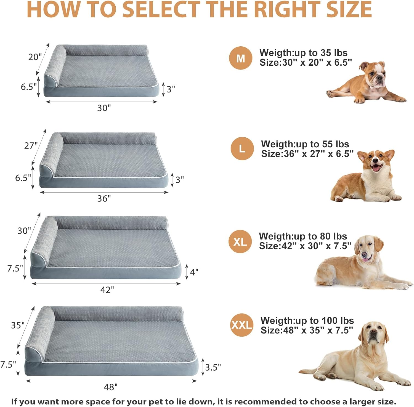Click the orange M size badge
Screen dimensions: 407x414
click(x=241, y=58)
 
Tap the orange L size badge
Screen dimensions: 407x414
click(x=242, y=148)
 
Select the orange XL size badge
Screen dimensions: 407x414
click(x=240, y=242)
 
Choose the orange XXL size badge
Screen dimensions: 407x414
click(x=242, y=325)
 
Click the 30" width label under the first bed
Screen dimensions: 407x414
click(x=104, y=108)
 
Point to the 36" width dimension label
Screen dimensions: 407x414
click(x=104, y=198)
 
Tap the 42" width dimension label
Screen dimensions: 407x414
click(x=107, y=290)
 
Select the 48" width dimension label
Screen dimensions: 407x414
click(x=110, y=387)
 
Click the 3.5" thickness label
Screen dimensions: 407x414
click(x=213, y=368)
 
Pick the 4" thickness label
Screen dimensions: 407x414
click(x=194, y=272)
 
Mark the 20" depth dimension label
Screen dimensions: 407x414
click(x=35, y=57)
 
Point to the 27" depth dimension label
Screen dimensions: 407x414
click(x=31, y=145)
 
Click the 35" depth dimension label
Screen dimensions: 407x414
click(x=18, y=325)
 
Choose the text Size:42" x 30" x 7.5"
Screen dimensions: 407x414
click(x=305, y=246)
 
